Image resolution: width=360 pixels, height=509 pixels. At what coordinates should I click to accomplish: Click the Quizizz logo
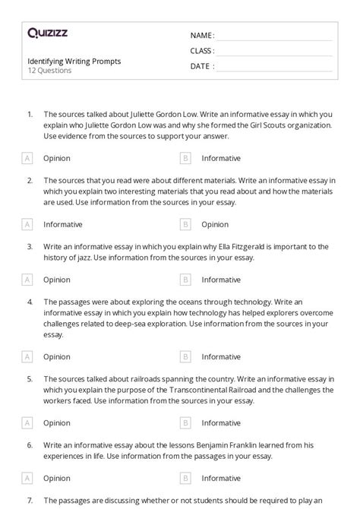47,33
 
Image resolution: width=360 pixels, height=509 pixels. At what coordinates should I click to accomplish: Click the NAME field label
202,36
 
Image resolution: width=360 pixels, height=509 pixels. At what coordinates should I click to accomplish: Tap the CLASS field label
202,51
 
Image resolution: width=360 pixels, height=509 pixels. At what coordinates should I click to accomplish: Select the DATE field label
201,66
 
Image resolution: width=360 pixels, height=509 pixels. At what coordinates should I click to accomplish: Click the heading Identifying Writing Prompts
74,61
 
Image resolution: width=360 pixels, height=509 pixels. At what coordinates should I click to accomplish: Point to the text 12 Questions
49,71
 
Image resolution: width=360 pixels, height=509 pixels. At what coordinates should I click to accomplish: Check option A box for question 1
28,159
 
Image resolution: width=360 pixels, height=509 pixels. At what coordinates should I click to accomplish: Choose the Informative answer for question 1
221,159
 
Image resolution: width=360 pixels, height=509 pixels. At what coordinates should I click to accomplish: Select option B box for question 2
185,225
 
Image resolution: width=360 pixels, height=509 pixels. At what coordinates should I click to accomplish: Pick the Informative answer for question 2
63,225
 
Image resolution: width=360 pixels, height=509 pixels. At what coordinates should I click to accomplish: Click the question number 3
30,247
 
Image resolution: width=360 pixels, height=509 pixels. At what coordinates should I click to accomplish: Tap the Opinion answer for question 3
57,280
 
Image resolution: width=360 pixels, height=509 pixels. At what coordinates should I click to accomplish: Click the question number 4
30,302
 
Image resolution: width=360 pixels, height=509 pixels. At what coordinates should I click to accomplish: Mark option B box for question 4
185,356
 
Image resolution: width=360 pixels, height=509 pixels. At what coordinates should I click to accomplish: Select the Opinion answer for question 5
57,422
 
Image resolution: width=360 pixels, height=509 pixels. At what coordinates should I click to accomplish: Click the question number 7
30,500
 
